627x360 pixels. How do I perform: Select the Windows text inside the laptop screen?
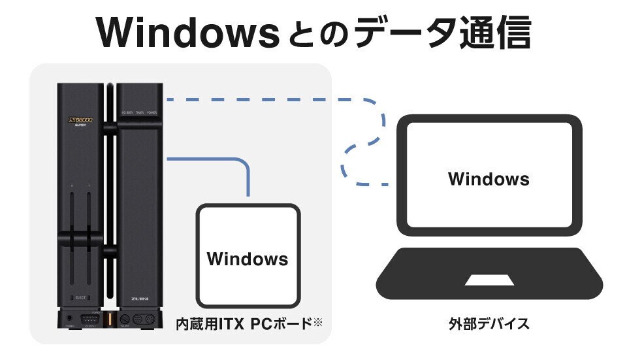click(x=489, y=178)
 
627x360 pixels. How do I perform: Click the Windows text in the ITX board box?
click(x=248, y=259)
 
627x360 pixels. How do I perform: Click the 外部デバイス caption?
click(x=489, y=324)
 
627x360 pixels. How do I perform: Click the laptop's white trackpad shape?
click(x=489, y=280)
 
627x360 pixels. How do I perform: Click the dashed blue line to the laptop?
click(x=274, y=100)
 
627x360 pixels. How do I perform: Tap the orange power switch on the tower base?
click(x=109, y=320)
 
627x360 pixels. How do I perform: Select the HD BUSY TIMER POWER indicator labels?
click(x=138, y=112)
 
